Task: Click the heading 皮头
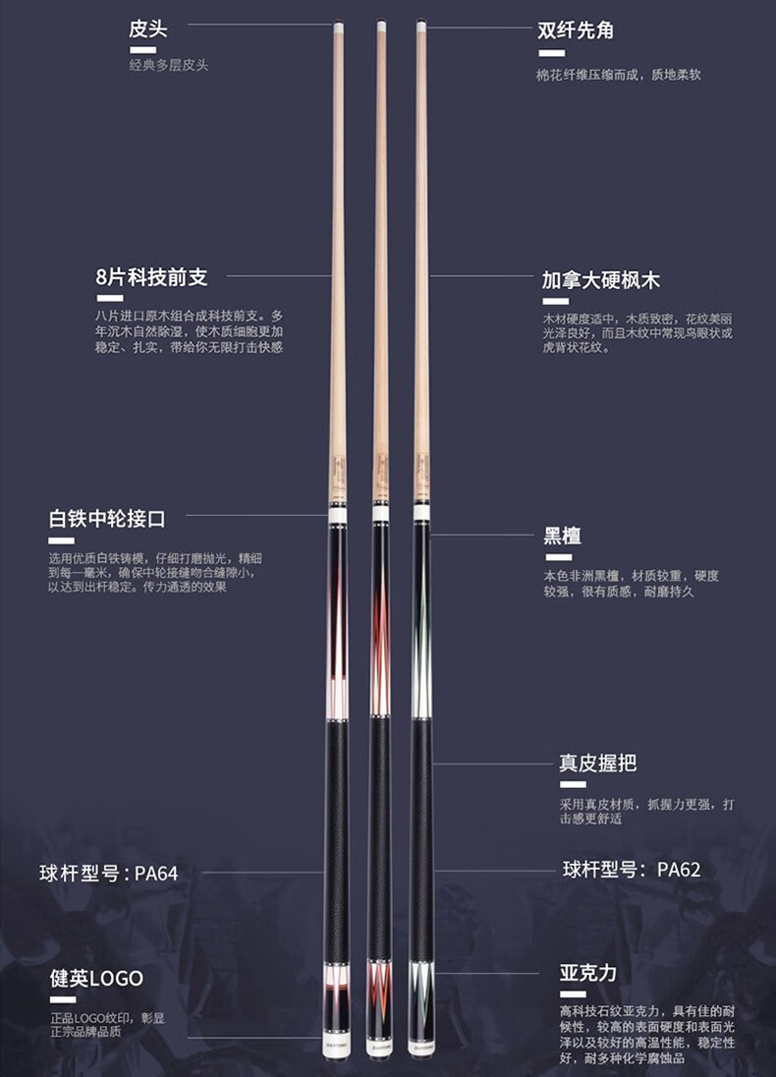coord(147,28)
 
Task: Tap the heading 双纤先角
coord(575,29)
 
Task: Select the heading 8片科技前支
coord(151,277)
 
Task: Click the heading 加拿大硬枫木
coord(600,280)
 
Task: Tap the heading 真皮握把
coord(597,763)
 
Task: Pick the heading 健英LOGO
coord(96,978)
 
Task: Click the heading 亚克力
coord(587,973)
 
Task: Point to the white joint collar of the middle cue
coord(379,513)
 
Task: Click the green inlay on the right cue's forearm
coord(421,629)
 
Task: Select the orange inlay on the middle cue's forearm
coord(379,629)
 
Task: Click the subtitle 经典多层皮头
coord(168,65)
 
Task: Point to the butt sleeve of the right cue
coord(421,992)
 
